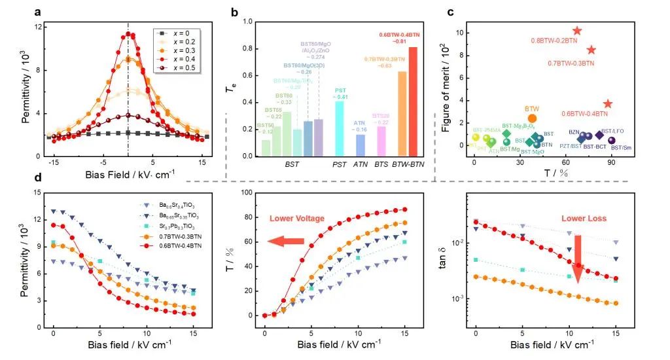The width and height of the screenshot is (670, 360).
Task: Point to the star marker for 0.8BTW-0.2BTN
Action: [x=577, y=31]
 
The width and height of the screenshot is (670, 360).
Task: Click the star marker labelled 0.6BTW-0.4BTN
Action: [x=607, y=103]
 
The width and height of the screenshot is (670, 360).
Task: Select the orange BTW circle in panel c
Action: [x=532, y=118]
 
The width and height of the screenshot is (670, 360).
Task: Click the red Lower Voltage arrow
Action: [x=283, y=241]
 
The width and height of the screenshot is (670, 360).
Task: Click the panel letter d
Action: [x=20, y=177]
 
